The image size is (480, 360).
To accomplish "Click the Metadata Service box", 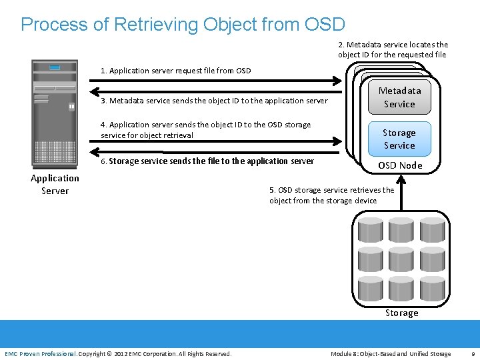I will pos(399,97).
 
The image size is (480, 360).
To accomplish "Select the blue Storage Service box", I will pos(399,139).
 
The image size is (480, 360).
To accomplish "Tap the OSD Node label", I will pos(400,165).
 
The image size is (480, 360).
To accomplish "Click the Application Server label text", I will pos(55,184).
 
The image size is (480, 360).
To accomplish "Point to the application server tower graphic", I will pos(55,113).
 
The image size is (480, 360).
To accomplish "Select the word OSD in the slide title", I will pos(324,25).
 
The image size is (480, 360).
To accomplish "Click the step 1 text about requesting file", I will pos(175,71).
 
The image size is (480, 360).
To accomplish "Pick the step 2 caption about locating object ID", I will pos(393,49).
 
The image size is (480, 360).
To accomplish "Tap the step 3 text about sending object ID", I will pos(214,101).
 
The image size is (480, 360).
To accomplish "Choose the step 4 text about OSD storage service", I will pos(205,129).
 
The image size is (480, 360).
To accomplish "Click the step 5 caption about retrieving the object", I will pos(331,195).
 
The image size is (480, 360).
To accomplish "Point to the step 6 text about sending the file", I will pos(207,161).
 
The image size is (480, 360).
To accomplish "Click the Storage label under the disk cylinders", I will pos(401,313).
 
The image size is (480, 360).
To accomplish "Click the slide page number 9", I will pos(473,353).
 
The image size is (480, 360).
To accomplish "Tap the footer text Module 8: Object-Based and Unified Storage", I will pos(391,353).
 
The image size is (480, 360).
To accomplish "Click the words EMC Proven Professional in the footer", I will pos(41,353).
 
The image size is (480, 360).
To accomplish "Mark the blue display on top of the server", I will pos(55,67).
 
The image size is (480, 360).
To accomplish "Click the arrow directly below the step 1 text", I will pos(217,81).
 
